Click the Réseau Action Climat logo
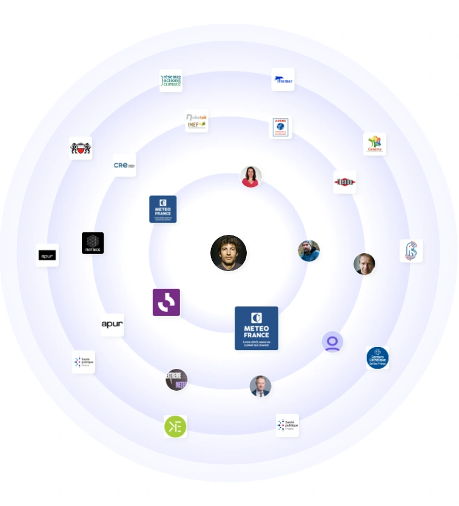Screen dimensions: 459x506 tap(171, 80)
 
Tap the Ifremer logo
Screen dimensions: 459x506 tap(283, 79)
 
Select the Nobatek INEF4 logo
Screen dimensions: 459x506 tap(196, 121)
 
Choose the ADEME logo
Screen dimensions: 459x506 tap(280, 127)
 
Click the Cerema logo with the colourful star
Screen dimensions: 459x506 tap(375, 144)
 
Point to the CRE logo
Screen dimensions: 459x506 tap(124, 165)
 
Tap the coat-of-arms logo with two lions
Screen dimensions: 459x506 tap(81, 147)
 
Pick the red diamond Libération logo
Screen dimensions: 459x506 tap(344, 181)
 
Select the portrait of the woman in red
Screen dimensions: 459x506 tap(250, 177)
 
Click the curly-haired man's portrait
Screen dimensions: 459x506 tap(229, 253)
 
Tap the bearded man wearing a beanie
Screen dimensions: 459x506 tap(309, 251)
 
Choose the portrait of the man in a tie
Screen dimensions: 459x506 tap(260, 386)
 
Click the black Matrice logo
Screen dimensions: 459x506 tap(93, 243)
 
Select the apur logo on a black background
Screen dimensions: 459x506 tap(47, 255)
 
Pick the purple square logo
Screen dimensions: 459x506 tap(166, 302)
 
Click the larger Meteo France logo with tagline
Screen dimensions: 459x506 tap(256, 328)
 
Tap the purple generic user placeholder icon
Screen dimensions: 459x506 tap(332, 342)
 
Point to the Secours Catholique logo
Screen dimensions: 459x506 tap(377, 358)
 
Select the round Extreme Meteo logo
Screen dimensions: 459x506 tap(176, 380)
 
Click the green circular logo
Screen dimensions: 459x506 tap(175, 427)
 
